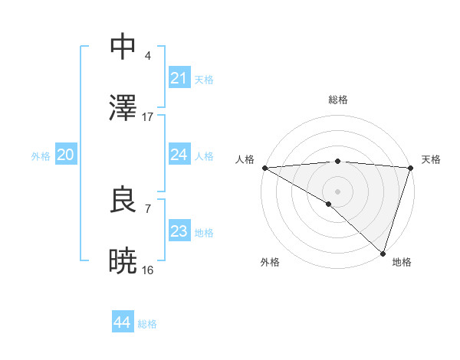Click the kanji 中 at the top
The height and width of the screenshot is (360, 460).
[x=123, y=47]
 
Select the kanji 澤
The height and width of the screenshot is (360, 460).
[x=123, y=108]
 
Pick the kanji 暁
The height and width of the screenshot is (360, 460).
[x=123, y=261]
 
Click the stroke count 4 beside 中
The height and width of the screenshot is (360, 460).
[x=147, y=56]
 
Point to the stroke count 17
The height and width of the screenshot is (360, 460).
[x=148, y=117]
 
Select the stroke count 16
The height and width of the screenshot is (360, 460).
[x=148, y=270]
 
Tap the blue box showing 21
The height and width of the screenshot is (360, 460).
[x=179, y=78]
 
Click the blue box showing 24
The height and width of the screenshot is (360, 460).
[x=179, y=155]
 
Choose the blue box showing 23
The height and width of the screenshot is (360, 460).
[x=179, y=231]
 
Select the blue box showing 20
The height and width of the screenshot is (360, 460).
[x=65, y=155]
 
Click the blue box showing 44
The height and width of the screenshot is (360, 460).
[x=122, y=322]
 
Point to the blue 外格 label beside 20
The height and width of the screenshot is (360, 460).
[x=41, y=156]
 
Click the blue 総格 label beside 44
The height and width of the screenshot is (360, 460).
[x=147, y=324]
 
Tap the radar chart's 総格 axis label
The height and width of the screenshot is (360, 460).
[x=337, y=100]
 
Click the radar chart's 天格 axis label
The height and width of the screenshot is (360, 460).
[x=432, y=159]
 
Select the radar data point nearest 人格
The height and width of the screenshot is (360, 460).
[x=264, y=168]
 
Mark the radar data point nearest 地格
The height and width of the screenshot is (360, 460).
[x=383, y=254]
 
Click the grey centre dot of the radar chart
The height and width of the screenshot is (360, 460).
[x=337, y=191]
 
